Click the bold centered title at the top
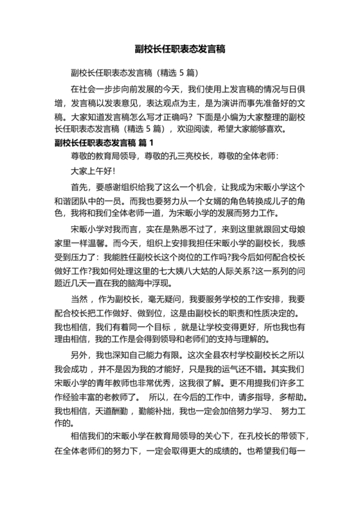pyautogui.click(x=179, y=49)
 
